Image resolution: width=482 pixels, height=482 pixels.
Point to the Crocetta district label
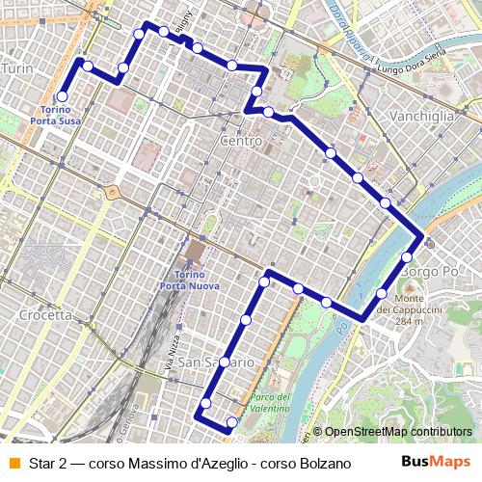[45, 314]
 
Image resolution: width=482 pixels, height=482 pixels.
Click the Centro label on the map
[241, 142]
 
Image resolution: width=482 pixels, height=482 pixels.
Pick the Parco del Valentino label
[270, 403]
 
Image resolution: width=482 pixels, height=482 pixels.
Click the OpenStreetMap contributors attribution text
[398, 432]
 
